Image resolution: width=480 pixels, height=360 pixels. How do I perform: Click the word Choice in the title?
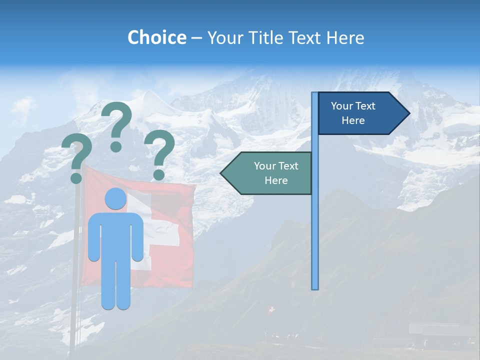click(156, 37)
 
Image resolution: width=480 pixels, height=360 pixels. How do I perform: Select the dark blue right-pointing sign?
click(357, 113)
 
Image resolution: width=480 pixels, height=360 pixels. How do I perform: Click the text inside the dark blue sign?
click(353, 113)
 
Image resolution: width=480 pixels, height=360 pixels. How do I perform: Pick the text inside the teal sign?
click(276, 173)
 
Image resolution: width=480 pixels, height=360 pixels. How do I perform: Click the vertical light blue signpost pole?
click(315, 225)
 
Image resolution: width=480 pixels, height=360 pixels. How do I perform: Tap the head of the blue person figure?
click(115, 199)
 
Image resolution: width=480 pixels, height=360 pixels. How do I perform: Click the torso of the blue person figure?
click(115, 235)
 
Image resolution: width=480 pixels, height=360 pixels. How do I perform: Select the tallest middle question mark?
click(117, 125)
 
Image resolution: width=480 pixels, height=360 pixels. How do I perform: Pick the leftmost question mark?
click(76, 159)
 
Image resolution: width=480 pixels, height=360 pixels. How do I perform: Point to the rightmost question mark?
click(159, 152)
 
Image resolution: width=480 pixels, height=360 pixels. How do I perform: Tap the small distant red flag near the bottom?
click(271, 310)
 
